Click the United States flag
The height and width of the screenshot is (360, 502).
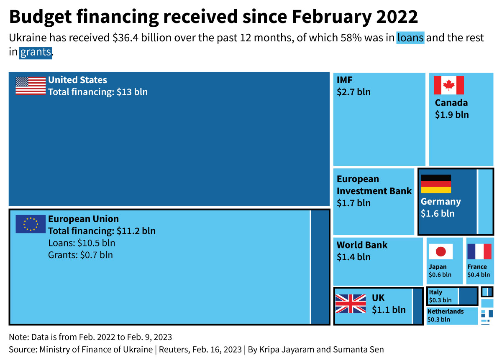[x=31, y=86]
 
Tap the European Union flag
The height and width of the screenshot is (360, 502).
[x=31, y=224]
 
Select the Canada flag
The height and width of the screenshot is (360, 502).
[x=448, y=85]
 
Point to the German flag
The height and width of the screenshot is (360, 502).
[x=436, y=184]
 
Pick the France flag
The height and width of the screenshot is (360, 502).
[x=479, y=251]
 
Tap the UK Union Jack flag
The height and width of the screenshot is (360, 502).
[x=351, y=304]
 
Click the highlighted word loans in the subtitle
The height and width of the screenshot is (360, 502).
[x=410, y=38]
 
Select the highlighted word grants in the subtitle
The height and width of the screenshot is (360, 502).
[x=36, y=52]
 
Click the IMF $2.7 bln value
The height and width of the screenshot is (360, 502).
[x=353, y=92]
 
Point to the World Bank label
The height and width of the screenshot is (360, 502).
[x=362, y=245]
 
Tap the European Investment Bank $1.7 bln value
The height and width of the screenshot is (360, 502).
[x=353, y=203]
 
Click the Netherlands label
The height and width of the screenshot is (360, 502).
[x=446, y=312]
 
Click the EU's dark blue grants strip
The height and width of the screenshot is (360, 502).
[x=320, y=267]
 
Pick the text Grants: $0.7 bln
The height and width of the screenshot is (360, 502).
[x=80, y=255]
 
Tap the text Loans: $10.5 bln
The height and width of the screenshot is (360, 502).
[x=82, y=243]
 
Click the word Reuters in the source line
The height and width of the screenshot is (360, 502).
[x=173, y=349]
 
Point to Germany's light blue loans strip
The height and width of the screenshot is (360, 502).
[x=485, y=201]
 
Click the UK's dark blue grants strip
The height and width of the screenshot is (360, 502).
[x=417, y=306]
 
